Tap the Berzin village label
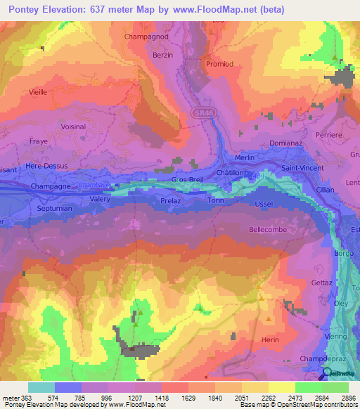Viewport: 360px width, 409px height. click(162, 54)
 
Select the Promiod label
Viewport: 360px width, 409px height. click(219, 63)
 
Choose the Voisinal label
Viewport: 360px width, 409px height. click(73, 126)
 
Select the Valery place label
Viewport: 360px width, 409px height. click(102, 199)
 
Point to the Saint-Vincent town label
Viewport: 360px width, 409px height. click(302, 169)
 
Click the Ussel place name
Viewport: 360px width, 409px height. click(263, 204)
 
